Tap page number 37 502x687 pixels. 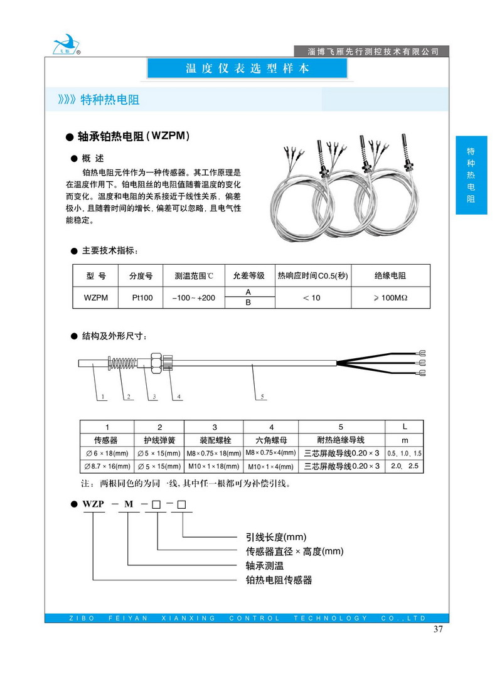click(x=439, y=630)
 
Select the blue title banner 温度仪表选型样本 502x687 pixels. click(x=247, y=68)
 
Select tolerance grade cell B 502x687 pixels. click(x=248, y=303)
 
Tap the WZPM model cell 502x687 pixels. click(x=95, y=298)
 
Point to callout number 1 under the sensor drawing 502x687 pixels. click(x=102, y=397)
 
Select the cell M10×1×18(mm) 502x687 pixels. click(x=215, y=466)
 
